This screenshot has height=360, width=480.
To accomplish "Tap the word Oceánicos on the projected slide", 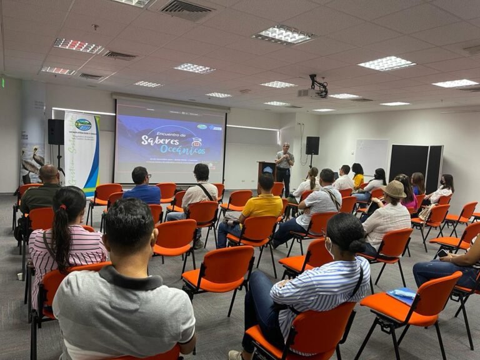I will pyautogui.click(x=181, y=149).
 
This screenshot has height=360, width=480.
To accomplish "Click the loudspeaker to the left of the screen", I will pyautogui.click(x=56, y=132).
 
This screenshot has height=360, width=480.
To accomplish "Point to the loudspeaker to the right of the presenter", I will pyautogui.click(x=312, y=146).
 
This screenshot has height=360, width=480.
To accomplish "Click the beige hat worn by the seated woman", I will pyautogui.click(x=394, y=189).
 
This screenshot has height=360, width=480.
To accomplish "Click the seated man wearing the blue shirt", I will pyautogui.click(x=142, y=187).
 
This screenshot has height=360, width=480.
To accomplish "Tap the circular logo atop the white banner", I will pyautogui.click(x=83, y=124).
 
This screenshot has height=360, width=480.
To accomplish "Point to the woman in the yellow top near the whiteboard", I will pyautogui.click(x=357, y=176).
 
